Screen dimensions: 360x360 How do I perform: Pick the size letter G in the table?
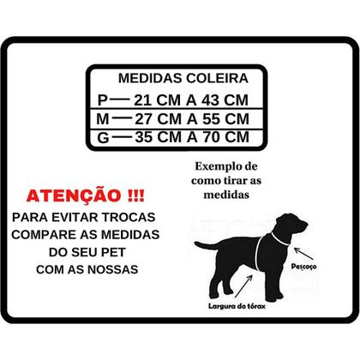[105, 135]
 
